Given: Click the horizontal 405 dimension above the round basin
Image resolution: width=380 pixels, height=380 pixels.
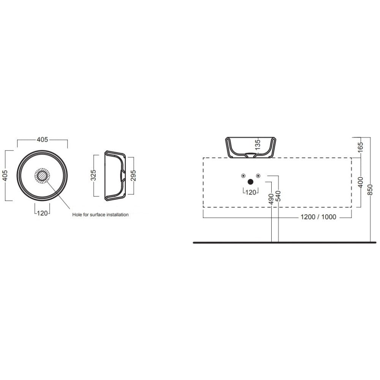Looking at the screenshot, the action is pos(43,139).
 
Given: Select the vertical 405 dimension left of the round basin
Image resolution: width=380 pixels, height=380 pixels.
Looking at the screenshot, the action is pos(5,176).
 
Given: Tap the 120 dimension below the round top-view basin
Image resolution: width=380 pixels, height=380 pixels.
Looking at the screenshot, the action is pos(43,213).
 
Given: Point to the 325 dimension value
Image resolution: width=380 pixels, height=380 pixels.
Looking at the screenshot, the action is pos(93,175).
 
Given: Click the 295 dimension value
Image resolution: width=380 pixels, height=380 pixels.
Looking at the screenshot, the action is pos(133,176).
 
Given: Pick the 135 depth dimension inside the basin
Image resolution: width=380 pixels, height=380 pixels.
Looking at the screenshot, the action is pos(258,144).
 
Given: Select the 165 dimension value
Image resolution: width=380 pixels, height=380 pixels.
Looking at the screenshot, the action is pos(361,147).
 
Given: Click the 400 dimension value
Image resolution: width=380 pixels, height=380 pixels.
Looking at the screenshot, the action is pos(361,182).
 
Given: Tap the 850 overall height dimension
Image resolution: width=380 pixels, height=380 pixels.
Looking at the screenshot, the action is pos(370,190).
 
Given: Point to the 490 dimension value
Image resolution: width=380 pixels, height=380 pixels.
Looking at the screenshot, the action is pos(271,199).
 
